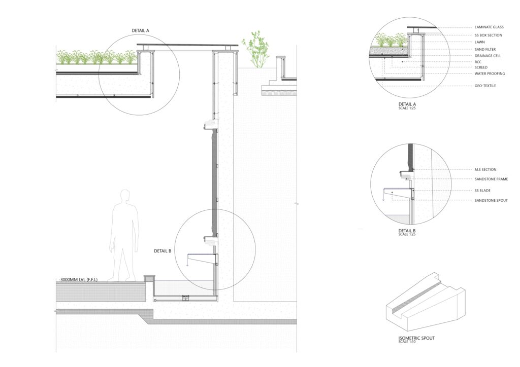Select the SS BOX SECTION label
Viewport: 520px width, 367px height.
488,35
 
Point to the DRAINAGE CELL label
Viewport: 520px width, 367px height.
488,55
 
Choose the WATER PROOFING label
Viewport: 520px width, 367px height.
490,74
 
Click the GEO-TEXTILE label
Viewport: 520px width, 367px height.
485,86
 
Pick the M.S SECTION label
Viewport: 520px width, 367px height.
485,169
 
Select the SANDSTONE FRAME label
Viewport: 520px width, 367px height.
491,178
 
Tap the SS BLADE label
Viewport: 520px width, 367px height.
481,191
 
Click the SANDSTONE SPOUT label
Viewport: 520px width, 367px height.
491,200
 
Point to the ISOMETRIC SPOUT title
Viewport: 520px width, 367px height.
416,338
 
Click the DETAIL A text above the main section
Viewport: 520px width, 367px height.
140,31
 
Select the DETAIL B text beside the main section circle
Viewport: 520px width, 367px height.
162,250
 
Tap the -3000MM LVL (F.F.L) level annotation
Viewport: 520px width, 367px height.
82,280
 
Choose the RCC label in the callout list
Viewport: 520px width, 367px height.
477,61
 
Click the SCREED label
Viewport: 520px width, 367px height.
480,67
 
